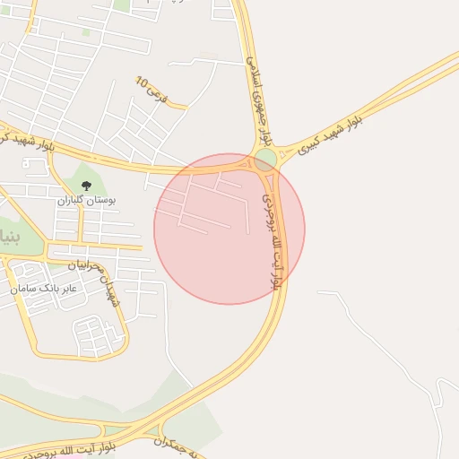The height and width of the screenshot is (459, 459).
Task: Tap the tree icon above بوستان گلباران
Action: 86,186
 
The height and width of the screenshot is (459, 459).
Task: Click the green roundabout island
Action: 265,160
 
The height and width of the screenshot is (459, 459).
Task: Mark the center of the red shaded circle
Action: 229,229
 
